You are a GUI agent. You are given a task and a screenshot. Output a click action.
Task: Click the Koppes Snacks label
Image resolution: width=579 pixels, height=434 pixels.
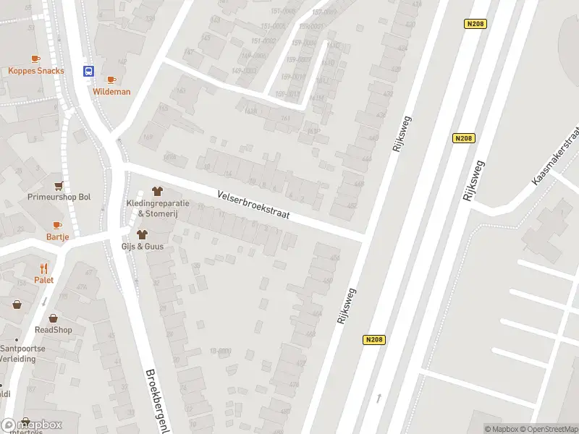[x=36, y=71]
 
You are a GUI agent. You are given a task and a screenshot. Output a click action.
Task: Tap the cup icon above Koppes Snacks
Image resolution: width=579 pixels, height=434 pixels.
[x=35, y=59]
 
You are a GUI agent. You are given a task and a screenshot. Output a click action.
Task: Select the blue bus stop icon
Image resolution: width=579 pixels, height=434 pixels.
[x=88, y=71]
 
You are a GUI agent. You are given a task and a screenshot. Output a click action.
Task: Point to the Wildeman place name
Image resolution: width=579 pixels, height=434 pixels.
[x=111, y=92]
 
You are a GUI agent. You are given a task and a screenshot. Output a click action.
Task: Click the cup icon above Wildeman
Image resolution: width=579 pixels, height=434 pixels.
[x=111, y=80]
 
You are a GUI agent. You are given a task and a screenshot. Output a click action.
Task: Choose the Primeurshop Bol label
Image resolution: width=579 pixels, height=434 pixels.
[x=59, y=197]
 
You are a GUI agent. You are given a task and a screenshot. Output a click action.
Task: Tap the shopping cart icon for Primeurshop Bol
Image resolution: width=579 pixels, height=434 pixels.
[x=58, y=185]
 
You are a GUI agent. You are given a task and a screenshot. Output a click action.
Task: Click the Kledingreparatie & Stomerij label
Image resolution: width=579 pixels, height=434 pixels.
[x=158, y=208]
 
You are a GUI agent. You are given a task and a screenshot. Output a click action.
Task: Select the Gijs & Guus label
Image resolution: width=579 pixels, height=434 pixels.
[x=143, y=247]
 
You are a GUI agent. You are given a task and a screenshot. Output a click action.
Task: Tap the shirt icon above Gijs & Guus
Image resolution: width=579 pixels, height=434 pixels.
[x=142, y=234]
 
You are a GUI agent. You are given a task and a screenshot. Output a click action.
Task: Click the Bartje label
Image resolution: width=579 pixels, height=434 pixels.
[x=57, y=237]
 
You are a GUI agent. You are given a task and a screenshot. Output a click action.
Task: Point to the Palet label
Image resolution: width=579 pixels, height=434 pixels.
[x=43, y=280]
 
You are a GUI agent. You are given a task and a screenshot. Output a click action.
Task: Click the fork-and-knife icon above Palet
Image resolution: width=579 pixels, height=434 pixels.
[x=43, y=268]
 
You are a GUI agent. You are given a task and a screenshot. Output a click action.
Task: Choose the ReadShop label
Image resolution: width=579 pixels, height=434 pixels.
[x=54, y=330]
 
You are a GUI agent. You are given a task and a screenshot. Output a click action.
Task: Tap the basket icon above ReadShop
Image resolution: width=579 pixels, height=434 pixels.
[x=53, y=318]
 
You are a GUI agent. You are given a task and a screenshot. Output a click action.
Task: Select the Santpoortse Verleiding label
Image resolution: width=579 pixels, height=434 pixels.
[x=22, y=353]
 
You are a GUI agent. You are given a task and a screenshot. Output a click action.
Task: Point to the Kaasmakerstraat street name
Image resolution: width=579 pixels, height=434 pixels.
[x=555, y=155]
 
